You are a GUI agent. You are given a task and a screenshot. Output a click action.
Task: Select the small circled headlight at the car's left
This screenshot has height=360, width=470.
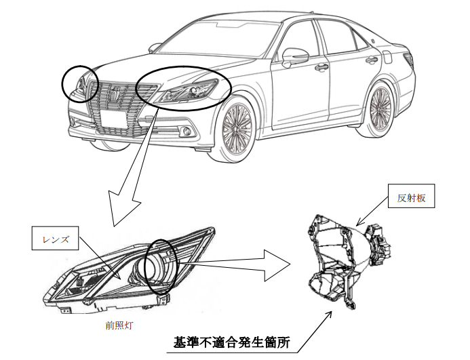80,84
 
